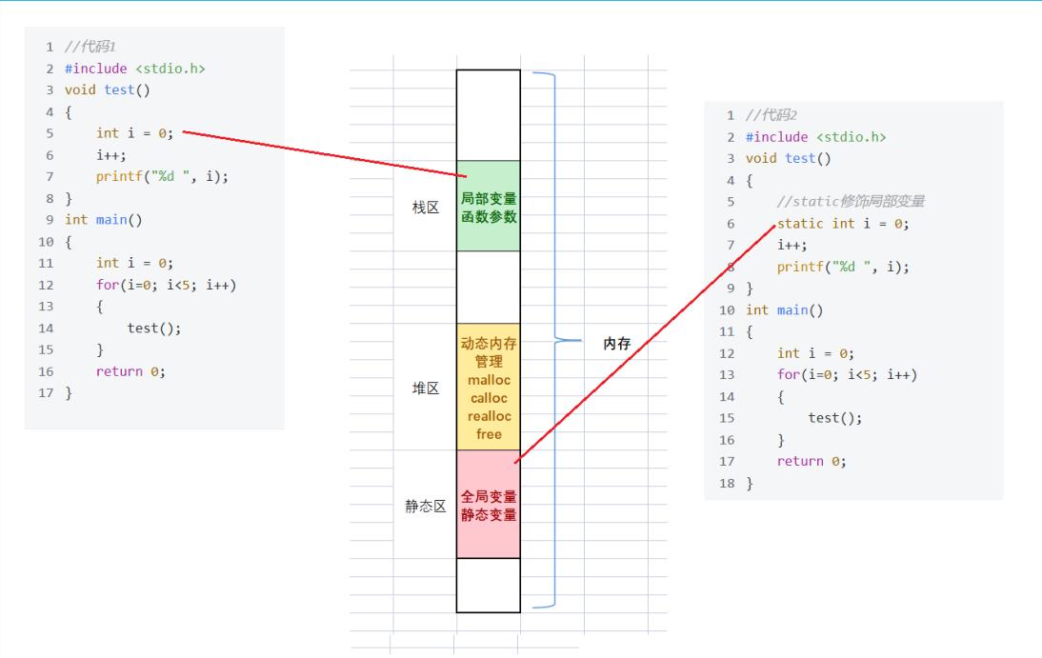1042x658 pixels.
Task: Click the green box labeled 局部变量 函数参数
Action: pyautogui.click(x=489, y=207)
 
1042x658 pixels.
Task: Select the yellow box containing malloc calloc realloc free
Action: pyautogui.click(x=489, y=388)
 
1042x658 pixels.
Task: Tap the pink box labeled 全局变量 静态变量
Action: pyautogui.click(x=489, y=505)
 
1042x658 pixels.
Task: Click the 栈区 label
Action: pyautogui.click(x=426, y=208)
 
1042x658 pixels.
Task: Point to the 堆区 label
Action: pyautogui.click(x=426, y=389)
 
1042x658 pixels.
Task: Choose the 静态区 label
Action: pyautogui.click(x=426, y=507)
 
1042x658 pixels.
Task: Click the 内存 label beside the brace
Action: pyautogui.click(x=617, y=344)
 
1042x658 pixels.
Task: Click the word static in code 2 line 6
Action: pyautogui.click(x=800, y=224)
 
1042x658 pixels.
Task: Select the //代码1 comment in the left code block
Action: pyautogui.click(x=90, y=47)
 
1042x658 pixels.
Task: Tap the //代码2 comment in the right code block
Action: pyautogui.click(x=771, y=115)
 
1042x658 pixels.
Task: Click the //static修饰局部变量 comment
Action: pyautogui.click(x=851, y=202)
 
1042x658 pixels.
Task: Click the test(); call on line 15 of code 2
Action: pyautogui.click(x=834, y=418)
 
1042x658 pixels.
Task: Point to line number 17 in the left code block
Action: pyautogui.click(x=47, y=393)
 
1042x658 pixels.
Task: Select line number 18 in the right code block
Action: pyautogui.click(x=728, y=483)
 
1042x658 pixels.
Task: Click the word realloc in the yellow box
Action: pyautogui.click(x=489, y=416)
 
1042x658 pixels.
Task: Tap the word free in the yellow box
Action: pyautogui.click(x=489, y=434)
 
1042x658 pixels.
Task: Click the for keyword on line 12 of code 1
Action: pyautogui.click(x=107, y=285)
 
